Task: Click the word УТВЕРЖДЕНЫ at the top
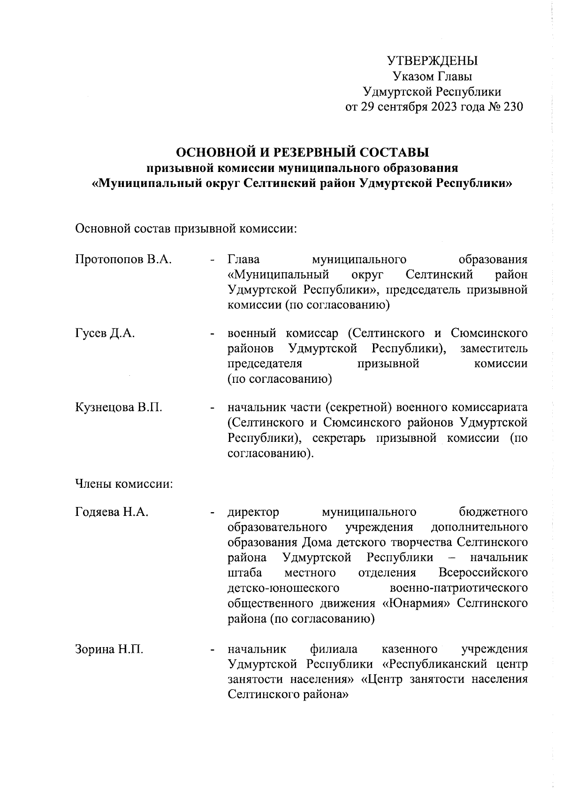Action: click(432, 61)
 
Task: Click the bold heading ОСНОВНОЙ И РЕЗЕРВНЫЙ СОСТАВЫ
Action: click(302, 152)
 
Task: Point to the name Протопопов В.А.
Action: click(123, 259)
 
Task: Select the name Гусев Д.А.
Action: click(105, 333)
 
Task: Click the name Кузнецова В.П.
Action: click(119, 407)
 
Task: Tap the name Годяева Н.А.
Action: click(112, 512)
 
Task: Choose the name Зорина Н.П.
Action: click(109, 649)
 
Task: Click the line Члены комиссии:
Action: click(124, 483)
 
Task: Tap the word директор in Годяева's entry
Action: click(253, 512)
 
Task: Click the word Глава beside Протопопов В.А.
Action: click(244, 259)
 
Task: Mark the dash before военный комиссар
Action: click(213, 334)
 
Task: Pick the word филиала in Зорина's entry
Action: click(334, 649)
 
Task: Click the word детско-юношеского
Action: click(283, 588)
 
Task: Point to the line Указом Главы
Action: click(432, 76)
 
